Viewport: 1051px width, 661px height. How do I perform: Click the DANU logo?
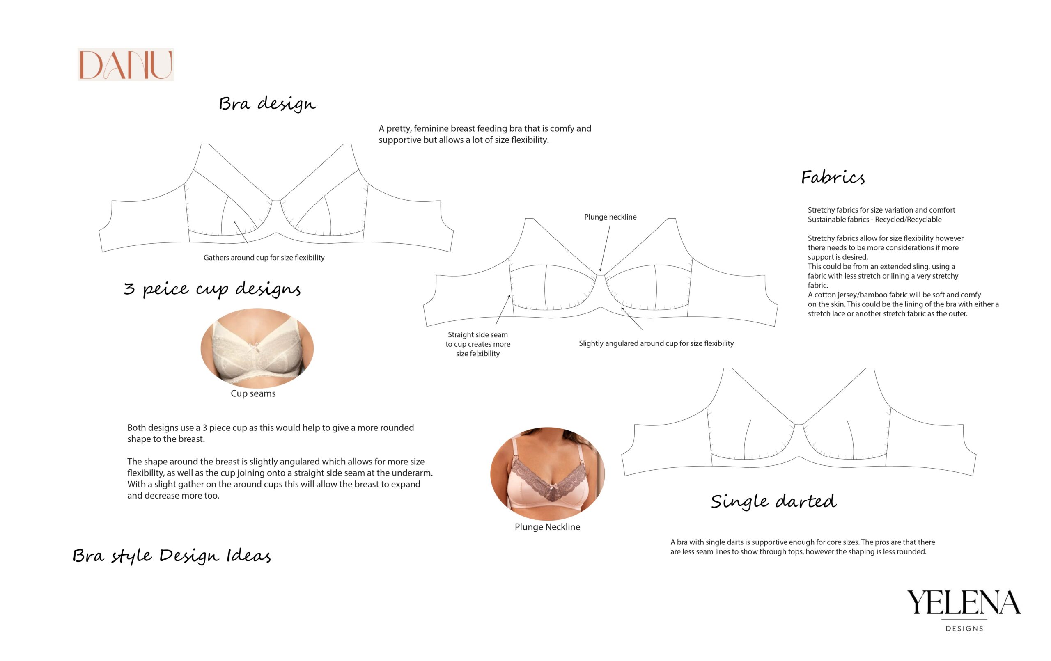tap(126, 64)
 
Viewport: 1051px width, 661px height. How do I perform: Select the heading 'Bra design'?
tap(267, 104)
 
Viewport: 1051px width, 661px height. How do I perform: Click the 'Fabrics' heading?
tap(832, 178)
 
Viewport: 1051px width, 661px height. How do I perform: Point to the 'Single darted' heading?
tap(773, 501)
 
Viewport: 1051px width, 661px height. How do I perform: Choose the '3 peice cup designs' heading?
tap(212, 289)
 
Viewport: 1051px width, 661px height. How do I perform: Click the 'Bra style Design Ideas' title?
tap(172, 556)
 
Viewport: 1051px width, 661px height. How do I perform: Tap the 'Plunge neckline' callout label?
tap(610, 217)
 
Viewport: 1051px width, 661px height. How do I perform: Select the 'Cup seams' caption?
tap(253, 393)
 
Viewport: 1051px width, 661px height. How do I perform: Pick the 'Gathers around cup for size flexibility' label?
tap(264, 258)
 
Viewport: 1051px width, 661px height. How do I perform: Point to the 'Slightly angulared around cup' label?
tap(656, 343)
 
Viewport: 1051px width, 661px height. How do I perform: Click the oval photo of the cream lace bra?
tap(257, 348)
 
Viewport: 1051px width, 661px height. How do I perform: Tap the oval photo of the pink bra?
tap(547, 473)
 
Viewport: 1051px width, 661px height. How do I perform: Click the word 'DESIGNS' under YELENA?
tap(964, 629)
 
